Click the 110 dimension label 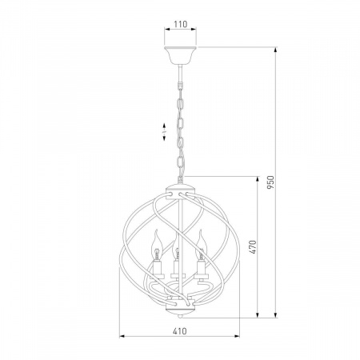coord(181,24)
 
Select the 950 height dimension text coord(270,182)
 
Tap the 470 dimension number coord(253,247)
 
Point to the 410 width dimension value coord(179,331)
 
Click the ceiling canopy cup coord(180,55)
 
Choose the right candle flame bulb coord(202,245)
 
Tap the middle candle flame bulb coord(175,246)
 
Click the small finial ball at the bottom coord(181,317)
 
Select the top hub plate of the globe coord(181,193)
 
